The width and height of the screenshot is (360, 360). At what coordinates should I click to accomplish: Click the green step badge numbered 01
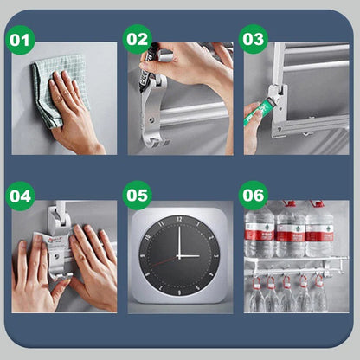click(21, 40)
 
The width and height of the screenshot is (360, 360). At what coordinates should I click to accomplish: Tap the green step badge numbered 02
click(137, 40)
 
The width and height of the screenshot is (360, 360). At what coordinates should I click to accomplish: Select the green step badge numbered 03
click(253, 40)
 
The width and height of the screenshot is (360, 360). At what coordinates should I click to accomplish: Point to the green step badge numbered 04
click(21, 196)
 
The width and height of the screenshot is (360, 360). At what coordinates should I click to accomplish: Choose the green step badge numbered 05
click(137, 196)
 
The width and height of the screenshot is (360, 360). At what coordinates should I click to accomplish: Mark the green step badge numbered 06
click(253, 196)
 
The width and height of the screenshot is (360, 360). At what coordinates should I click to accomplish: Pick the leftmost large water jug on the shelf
click(259, 229)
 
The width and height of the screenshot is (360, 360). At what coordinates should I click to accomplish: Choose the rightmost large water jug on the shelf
click(320, 229)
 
